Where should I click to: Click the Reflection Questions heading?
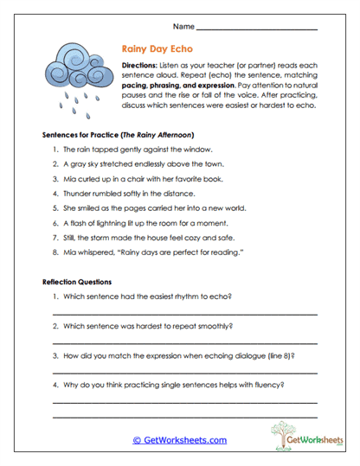coord(80,282)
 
